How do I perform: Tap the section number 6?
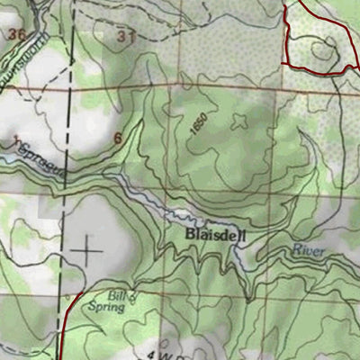click(x=117, y=139)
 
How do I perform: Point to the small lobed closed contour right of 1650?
click(x=240, y=123)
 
